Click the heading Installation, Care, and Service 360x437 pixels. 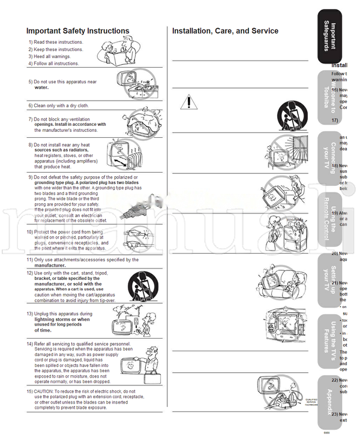(x=225, y=31)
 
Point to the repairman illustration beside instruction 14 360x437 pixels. (x=138, y=361)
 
